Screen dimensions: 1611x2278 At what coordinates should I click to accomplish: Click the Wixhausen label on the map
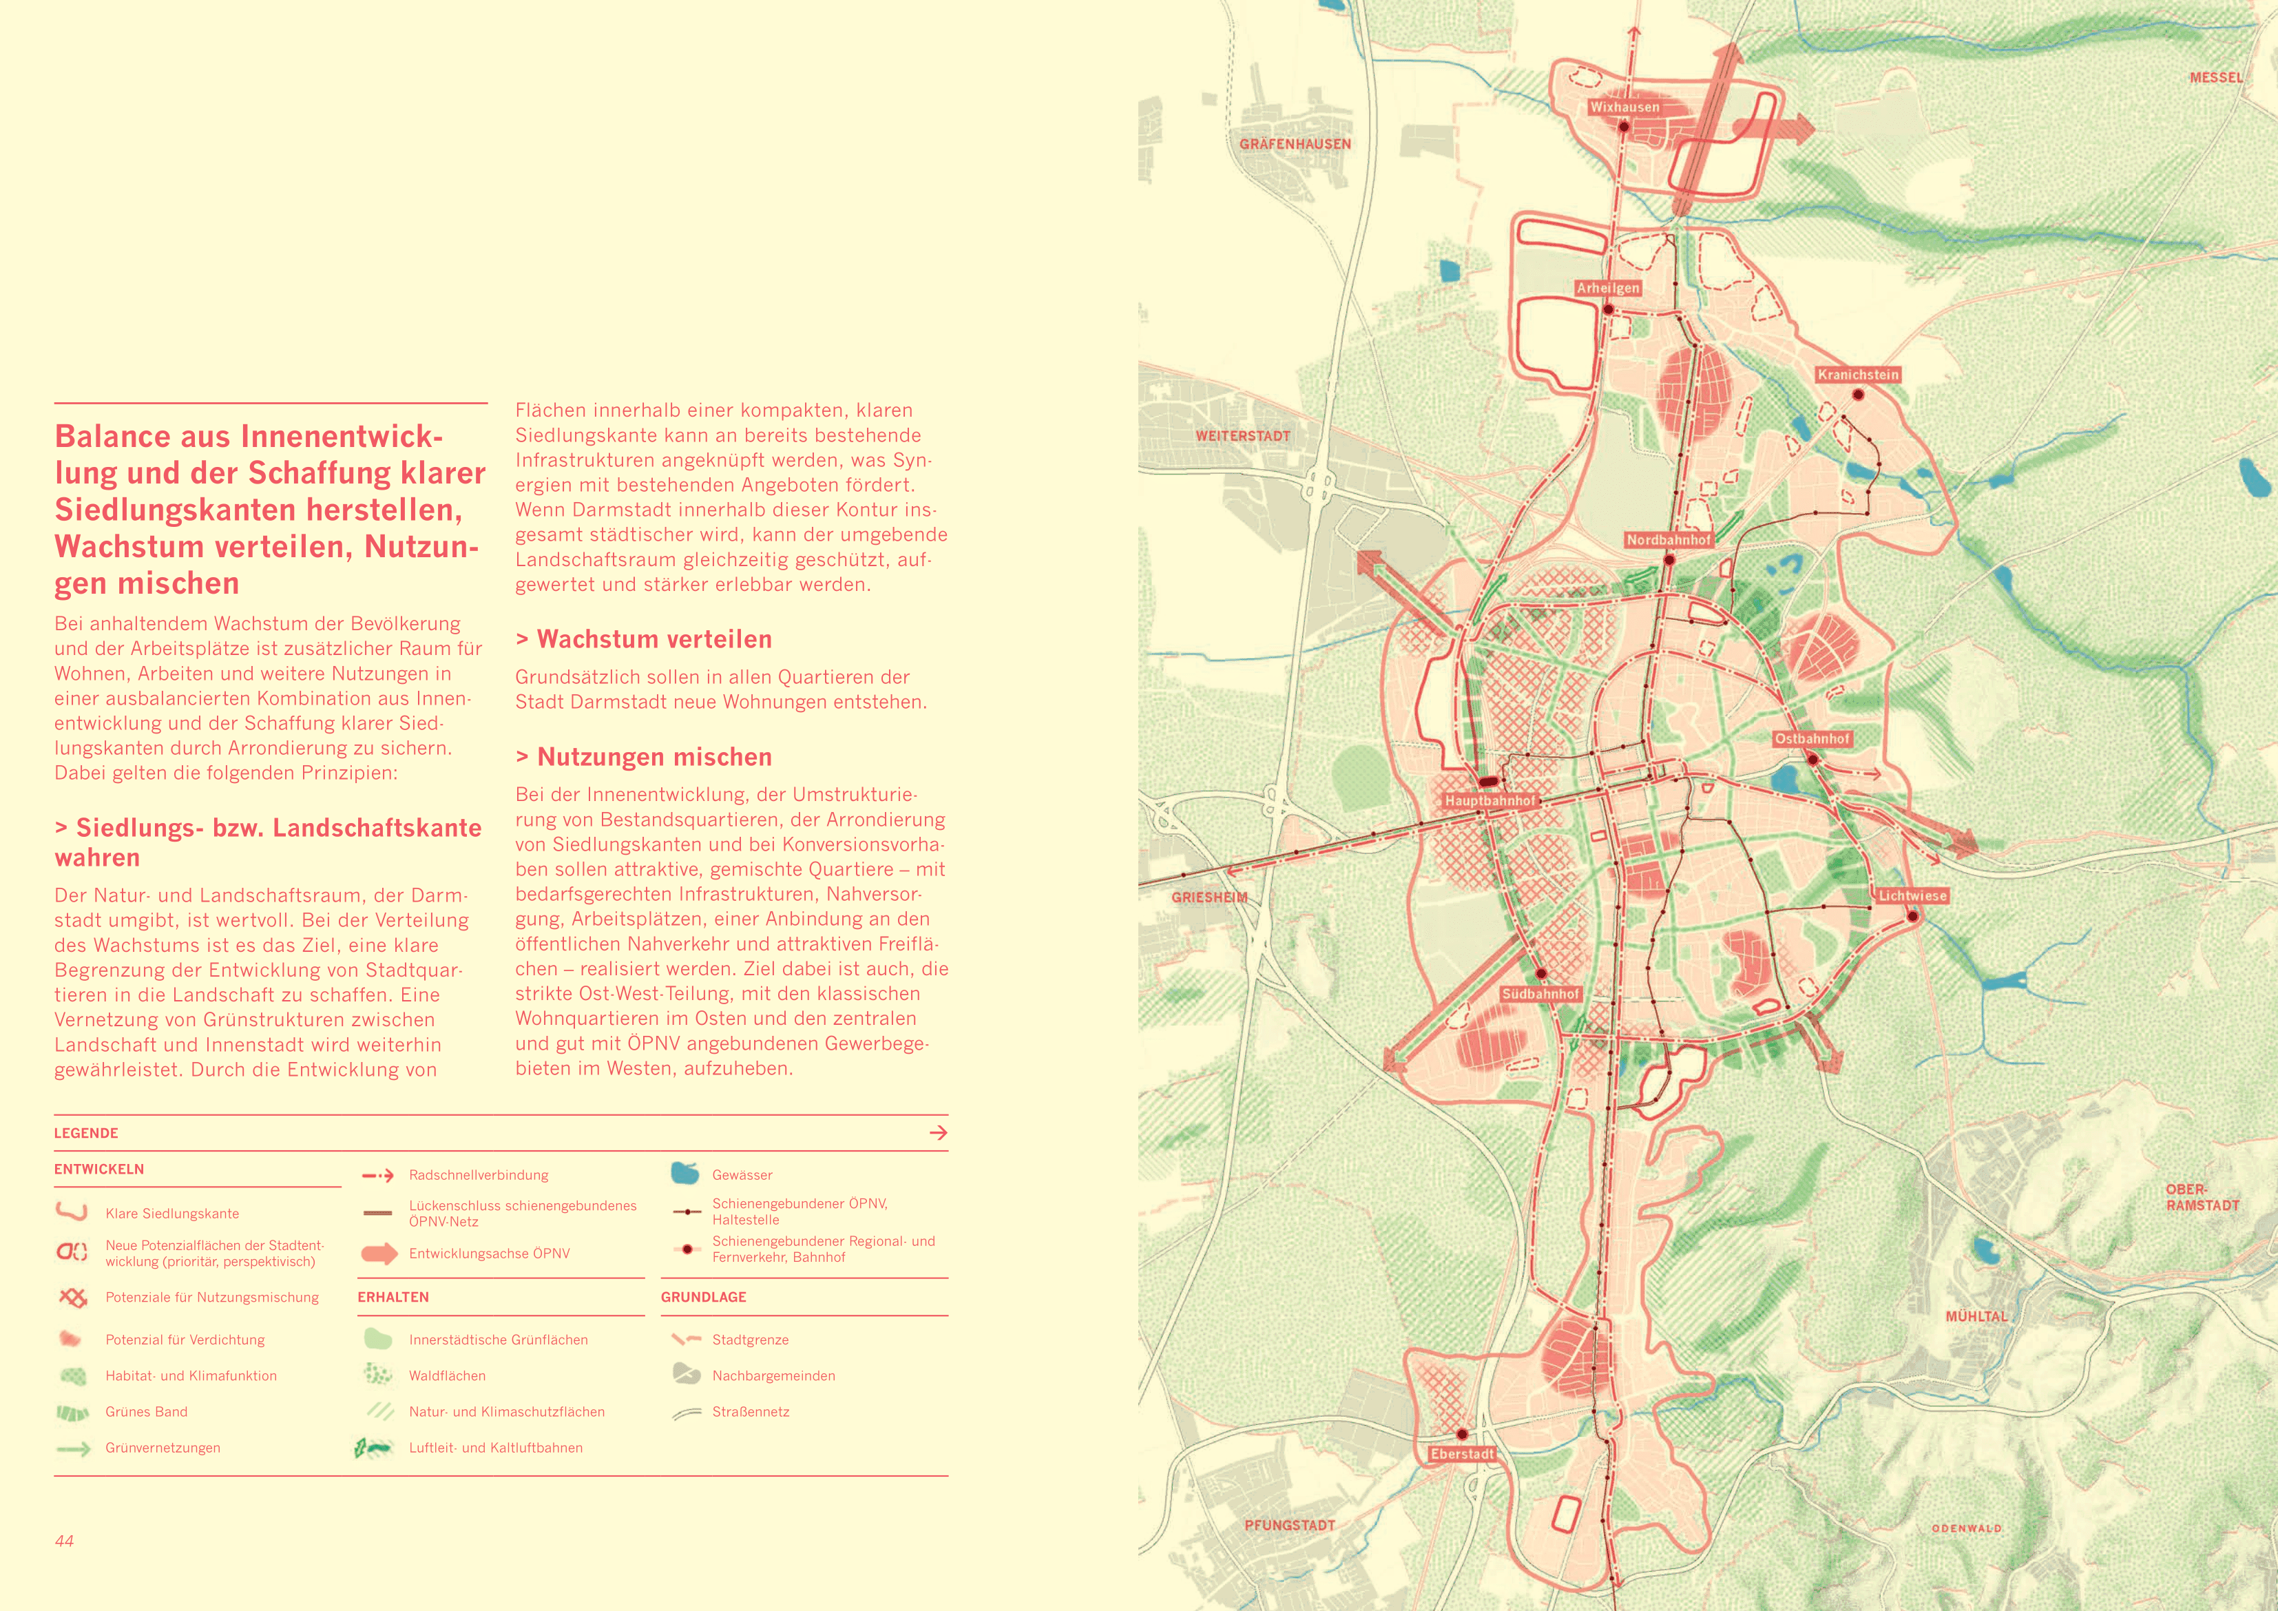click(1624, 107)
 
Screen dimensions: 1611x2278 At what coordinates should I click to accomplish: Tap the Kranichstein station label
click(1857, 374)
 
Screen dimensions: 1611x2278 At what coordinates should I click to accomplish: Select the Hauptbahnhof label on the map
click(1490, 800)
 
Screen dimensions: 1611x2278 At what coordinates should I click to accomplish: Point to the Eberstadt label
click(1461, 1453)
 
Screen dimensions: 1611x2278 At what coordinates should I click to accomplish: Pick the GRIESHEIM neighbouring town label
click(1209, 897)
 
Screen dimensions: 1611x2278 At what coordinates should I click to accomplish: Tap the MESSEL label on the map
click(2215, 77)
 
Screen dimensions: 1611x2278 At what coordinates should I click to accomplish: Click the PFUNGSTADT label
click(1289, 1525)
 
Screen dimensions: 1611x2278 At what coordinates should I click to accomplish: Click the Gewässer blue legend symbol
click(685, 1173)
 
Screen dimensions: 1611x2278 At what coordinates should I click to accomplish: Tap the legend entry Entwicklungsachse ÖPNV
click(489, 1254)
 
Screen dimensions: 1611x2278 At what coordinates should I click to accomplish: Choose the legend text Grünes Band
click(146, 1411)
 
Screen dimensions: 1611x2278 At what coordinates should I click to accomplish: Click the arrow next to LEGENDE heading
click(938, 1132)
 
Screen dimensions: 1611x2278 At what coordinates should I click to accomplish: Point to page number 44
click(65, 1541)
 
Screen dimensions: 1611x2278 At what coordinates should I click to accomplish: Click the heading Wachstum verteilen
click(653, 639)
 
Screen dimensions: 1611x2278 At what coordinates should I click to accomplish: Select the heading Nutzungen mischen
click(653, 758)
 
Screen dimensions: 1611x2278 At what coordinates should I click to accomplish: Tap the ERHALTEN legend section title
click(393, 1298)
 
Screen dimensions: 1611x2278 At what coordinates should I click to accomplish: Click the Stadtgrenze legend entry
click(750, 1340)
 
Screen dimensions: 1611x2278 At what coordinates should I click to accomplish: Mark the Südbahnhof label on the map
click(1540, 994)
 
